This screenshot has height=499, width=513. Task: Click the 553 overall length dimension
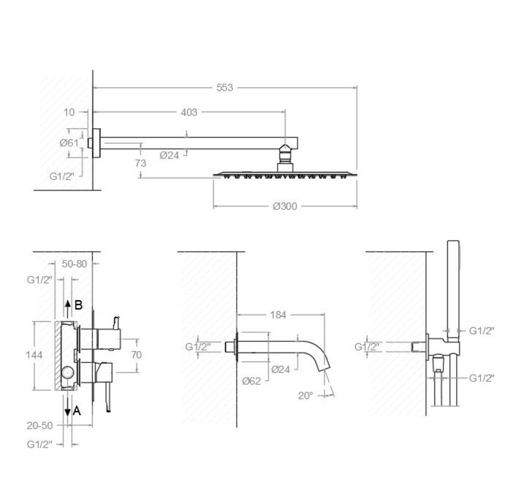tap(225, 88)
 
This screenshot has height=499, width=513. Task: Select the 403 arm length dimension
tap(189, 112)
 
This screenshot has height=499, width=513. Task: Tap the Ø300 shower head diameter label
tap(285, 206)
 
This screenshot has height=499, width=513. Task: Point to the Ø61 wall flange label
tap(69, 143)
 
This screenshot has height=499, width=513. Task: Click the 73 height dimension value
tap(140, 163)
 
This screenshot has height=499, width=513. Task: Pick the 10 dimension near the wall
tap(69, 112)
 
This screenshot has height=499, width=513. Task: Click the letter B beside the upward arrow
tap(78, 305)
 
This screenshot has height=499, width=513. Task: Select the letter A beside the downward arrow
tap(77, 411)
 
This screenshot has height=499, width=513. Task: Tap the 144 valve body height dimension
tap(34, 355)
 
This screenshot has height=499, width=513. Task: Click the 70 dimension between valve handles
tap(136, 355)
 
